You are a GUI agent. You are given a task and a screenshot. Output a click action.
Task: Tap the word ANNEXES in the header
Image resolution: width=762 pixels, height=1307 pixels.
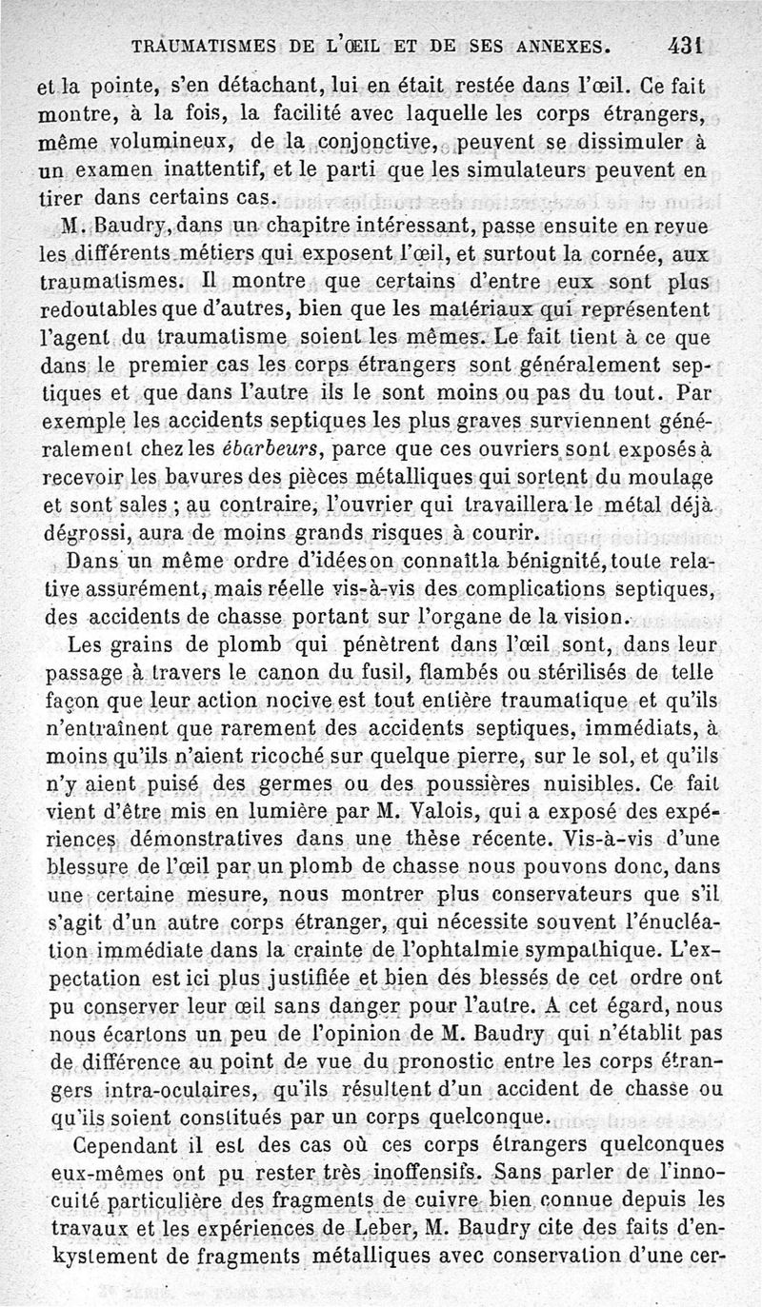[556, 45]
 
